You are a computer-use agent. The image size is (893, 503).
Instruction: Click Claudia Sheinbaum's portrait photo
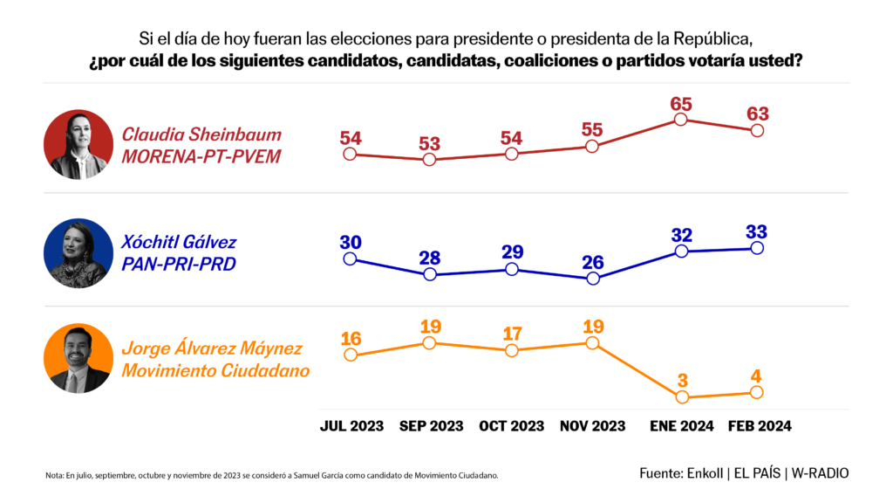click(x=78, y=144)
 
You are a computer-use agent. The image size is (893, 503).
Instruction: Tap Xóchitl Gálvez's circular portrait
click(x=78, y=253)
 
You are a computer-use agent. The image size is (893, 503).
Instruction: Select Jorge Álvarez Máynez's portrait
click(x=78, y=359)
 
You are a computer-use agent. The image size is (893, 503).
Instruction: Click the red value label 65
click(x=681, y=104)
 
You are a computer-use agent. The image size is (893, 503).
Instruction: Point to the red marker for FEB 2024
click(x=757, y=130)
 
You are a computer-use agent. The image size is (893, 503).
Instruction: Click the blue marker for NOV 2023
click(x=593, y=279)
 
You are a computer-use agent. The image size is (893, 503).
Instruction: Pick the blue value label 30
click(x=351, y=242)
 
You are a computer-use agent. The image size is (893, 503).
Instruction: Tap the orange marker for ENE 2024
click(x=681, y=396)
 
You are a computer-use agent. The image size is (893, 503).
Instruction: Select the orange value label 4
click(x=757, y=376)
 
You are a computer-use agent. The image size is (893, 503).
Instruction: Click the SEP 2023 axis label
click(x=431, y=426)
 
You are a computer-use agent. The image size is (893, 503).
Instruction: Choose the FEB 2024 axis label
click(x=760, y=426)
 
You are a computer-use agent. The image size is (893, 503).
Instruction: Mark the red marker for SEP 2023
click(x=429, y=160)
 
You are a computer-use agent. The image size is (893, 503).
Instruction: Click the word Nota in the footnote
click(x=53, y=475)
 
